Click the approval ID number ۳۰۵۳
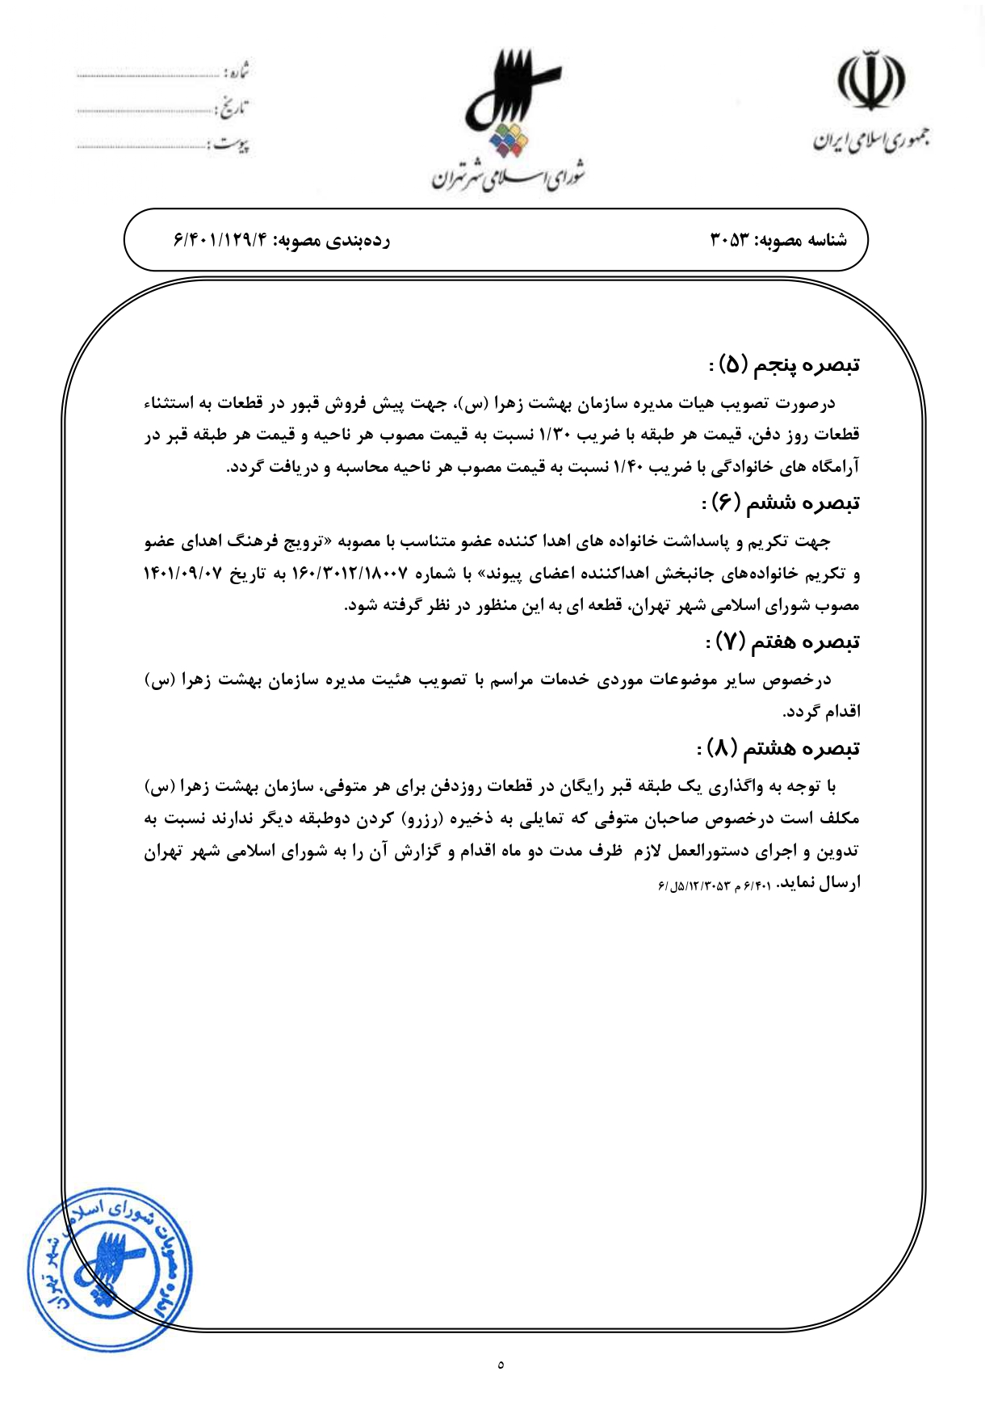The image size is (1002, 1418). coord(730,240)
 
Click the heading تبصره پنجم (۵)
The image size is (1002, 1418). coord(783,365)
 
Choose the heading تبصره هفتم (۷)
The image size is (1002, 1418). coord(782,642)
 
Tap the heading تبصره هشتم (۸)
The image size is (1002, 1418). coord(778,749)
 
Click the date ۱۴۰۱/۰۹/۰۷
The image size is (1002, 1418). coord(182,574)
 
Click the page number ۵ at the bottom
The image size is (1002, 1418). coord(501,1365)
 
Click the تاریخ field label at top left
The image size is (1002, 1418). coord(235,108)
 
